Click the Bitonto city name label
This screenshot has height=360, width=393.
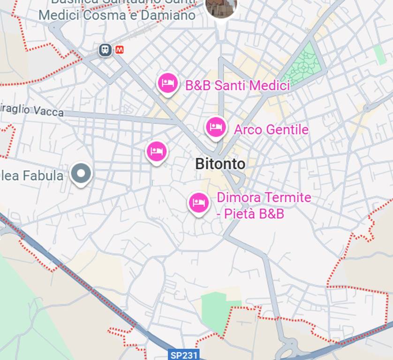pos(220,164)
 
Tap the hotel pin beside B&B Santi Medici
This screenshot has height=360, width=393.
pos(168,84)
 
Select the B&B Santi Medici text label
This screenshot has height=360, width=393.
pos(237,86)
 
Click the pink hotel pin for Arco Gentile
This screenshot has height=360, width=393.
pos(216,127)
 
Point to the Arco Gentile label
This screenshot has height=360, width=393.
pos(271,129)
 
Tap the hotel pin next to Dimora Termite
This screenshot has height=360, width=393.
pos(199,202)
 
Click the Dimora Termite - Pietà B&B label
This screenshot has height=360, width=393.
pos(264,205)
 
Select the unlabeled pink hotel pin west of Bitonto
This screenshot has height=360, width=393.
pos(157,151)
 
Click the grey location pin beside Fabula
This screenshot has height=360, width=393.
pos(81,173)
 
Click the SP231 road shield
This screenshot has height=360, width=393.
pos(184,355)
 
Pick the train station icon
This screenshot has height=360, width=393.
pos(106,50)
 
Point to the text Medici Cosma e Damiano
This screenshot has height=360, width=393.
pos(117,15)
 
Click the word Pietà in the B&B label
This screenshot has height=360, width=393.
pos(240,214)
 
